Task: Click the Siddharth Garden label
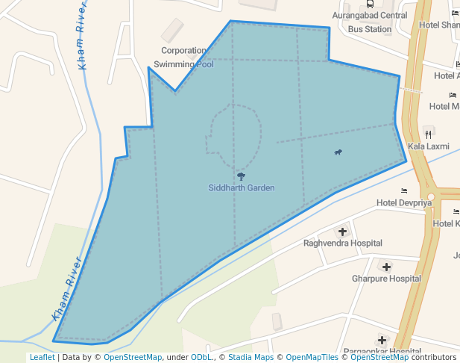coord(241,187)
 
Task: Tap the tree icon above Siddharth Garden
coord(241,176)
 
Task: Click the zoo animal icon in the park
coord(338,152)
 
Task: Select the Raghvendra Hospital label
coord(342,243)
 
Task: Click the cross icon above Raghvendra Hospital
coord(343,231)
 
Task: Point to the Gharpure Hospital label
coord(386,279)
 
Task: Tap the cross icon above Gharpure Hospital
coord(386,267)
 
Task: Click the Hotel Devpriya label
coord(405,202)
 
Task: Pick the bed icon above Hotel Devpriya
coord(405,191)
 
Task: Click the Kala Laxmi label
coord(428,146)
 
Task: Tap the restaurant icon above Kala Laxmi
coord(428,134)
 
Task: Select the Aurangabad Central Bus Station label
coord(370,22)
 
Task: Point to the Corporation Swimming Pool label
coord(183,58)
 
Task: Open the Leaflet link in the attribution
coord(42,358)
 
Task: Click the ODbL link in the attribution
coord(201,358)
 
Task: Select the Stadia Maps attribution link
coord(251,358)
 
